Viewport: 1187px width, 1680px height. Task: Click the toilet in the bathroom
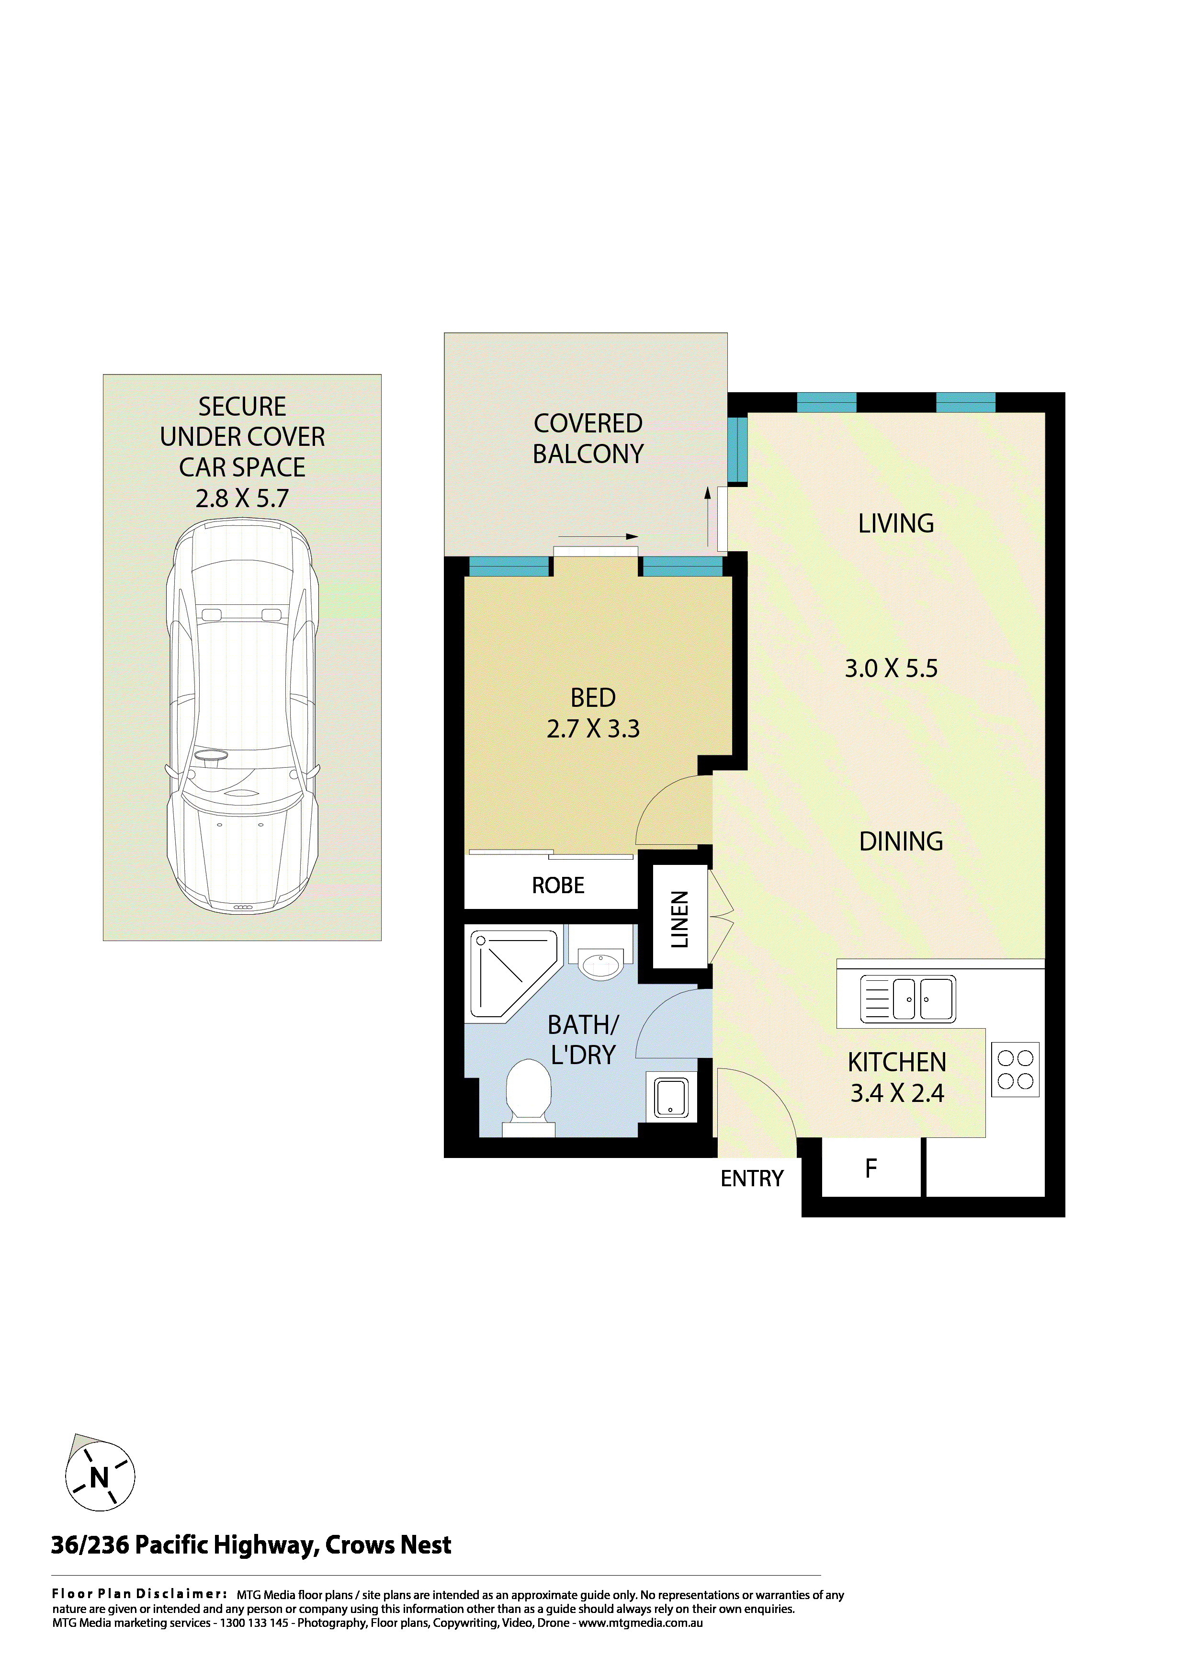pos(529,1098)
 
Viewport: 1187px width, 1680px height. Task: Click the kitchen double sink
pos(908,999)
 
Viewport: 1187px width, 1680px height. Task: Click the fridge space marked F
pos(871,1169)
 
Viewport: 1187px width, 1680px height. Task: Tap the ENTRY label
pos(752,1179)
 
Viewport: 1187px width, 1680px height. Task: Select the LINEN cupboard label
pos(679,919)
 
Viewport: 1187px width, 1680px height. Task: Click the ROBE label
pos(558,885)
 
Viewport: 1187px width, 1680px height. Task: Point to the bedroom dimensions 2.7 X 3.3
pos(593,729)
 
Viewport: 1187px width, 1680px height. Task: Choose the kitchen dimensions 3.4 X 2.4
pos(897,1093)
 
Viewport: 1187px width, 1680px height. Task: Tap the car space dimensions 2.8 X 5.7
pos(242,498)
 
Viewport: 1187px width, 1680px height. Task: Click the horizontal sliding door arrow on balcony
pos(598,536)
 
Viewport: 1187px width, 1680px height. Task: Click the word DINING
pos(901,841)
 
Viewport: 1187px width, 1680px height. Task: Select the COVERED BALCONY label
pos(588,438)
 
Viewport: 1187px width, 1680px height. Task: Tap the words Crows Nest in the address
pos(388,1545)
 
